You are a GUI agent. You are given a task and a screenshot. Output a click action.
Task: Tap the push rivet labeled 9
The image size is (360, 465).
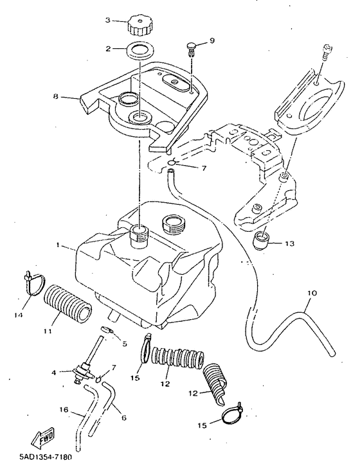pyautogui.click(x=192, y=49)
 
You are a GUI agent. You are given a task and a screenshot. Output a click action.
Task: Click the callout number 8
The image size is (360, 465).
pyautogui.click(x=55, y=96)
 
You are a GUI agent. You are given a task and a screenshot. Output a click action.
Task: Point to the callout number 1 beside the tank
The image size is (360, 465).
pyautogui.click(x=58, y=245)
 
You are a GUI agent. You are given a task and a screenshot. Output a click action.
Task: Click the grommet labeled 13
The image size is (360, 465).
pyautogui.click(x=262, y=240)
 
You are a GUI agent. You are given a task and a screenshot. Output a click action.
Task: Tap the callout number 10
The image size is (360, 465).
pyautogui.click(x=312, y=294)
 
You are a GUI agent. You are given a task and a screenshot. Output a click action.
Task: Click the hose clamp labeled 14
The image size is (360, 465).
pyautogui.click(x=34, y=283)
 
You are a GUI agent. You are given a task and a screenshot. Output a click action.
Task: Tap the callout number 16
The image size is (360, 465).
pyautogui.click(x=64, y=410)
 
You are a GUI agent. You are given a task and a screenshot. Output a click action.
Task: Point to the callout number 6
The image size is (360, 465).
pyautogui.click(x=124, y=417)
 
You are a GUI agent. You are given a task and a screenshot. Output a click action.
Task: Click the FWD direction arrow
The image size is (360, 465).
pyautogui.click(x=43, y=437)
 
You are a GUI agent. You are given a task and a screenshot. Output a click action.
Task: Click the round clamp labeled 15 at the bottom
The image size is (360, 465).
pyautogui.click(x=233, y=415)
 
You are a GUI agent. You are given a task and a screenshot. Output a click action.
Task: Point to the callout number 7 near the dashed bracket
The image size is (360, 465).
pyautogui.click(x=204, y=168)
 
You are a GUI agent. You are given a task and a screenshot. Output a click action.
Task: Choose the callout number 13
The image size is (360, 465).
pyautogui.click(x=289, y=243)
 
